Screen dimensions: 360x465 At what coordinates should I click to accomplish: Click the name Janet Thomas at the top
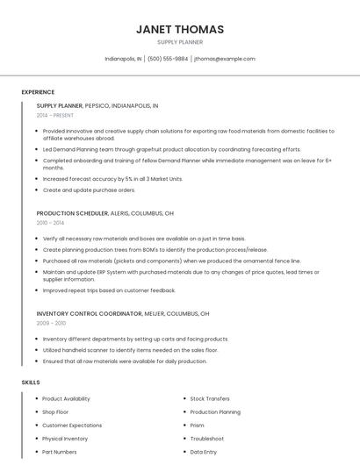pos(179,29)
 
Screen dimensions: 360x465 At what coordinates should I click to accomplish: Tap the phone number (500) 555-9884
pos(168,59)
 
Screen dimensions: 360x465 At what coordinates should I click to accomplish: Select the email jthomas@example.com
pos(225,59)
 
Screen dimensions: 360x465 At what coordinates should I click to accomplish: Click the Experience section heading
pos(38,92)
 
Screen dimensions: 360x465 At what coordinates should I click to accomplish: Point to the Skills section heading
pos(31,383)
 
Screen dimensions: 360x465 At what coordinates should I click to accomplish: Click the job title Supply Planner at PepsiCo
pos(97,105)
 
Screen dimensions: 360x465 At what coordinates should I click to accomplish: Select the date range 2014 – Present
pos(55,116)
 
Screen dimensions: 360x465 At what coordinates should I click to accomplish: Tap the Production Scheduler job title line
pos(104,213)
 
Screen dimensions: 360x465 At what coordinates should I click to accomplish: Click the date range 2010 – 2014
pos(50,224)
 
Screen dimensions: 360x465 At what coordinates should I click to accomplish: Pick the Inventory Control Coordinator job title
pos(123,313)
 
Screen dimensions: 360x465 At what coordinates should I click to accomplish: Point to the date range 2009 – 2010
pos(51,324)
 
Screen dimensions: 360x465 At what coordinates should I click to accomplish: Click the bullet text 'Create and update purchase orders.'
pos(89,190)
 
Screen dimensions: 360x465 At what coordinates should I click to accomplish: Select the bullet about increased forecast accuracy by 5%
pos(112,178)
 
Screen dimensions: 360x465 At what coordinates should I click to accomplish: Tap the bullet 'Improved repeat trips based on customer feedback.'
pos(109,290)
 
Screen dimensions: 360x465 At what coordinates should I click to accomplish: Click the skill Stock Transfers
pos(210,398)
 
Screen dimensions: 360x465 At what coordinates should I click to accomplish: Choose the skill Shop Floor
pos(55,411)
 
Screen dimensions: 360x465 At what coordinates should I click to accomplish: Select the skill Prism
pos(197,425)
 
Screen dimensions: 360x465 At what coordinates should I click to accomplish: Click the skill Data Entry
pos(203,452)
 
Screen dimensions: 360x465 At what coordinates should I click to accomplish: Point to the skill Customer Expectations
pos(73,425)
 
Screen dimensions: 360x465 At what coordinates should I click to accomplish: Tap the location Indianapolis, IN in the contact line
pos(123,59)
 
